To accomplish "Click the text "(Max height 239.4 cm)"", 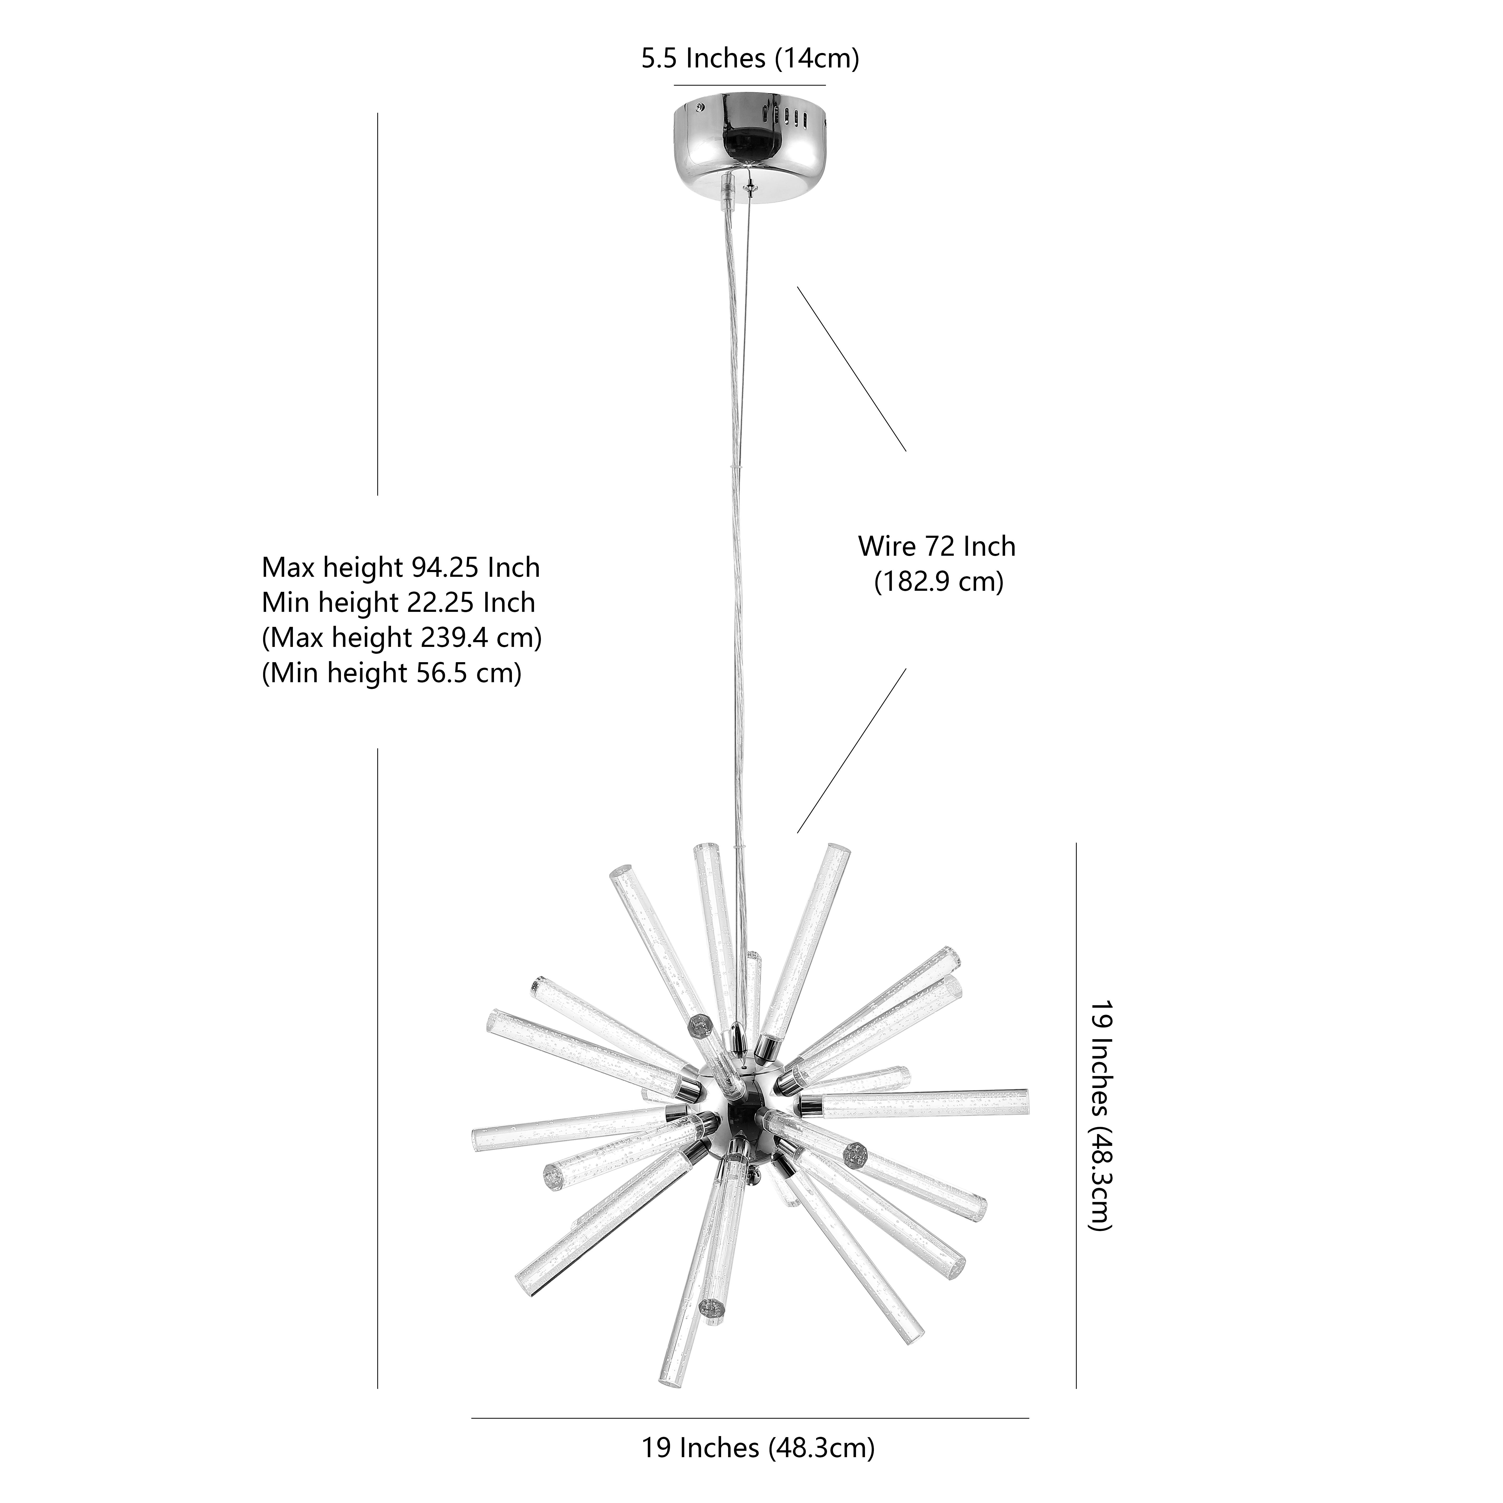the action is pyautogui.click(x=402, y=638).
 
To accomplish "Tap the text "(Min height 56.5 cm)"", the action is pyautogui.click(x=391, y=673).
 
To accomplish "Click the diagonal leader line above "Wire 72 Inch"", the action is pyautogui.click(x=852, y=369).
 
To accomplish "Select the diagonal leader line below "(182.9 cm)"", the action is pyautogui.click(x=852, y=751).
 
